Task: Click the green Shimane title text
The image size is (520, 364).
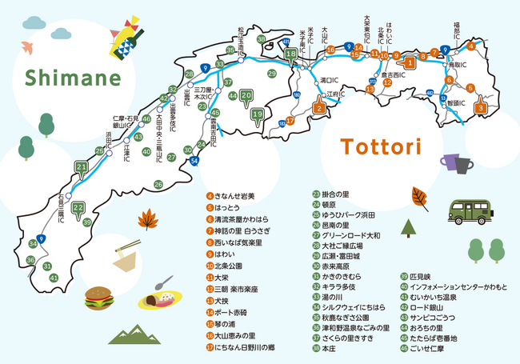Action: (73, 78)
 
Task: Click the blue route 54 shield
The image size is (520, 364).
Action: (194, 161)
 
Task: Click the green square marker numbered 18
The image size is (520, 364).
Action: (291, 54)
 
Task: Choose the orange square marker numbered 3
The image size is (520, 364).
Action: (481, 106)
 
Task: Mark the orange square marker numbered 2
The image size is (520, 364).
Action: (318, 107)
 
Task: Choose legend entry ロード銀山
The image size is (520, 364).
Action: (428, 306)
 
